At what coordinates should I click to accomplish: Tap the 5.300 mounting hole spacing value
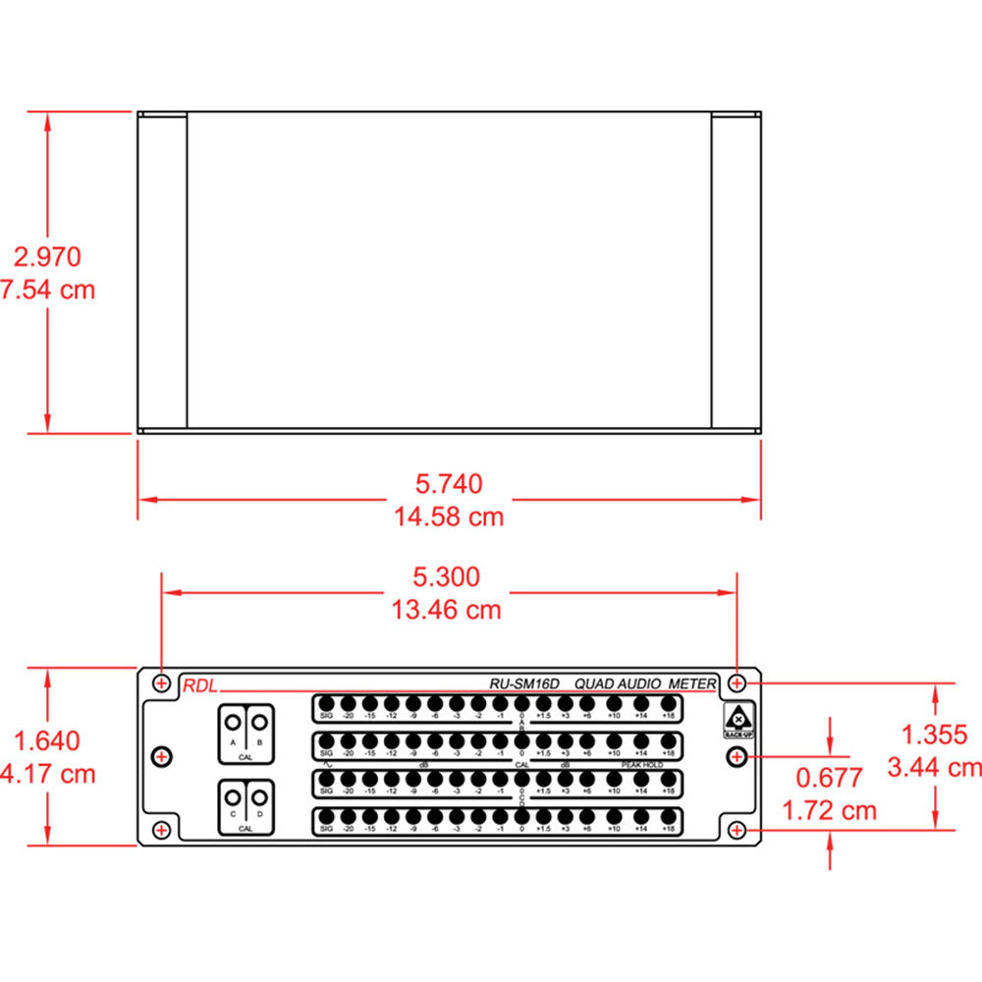pos(448,576)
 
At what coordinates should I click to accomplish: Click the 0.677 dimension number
pos(829,778)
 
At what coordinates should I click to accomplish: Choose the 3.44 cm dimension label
pos(934,766)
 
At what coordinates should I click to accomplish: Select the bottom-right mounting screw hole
pos(738,831)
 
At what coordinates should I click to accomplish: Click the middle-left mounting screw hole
pos(162,755)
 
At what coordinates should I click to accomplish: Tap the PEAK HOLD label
pos(642,764)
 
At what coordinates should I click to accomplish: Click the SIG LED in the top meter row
pos(326,704)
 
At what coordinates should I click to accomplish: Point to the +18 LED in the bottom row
pos(669,816)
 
